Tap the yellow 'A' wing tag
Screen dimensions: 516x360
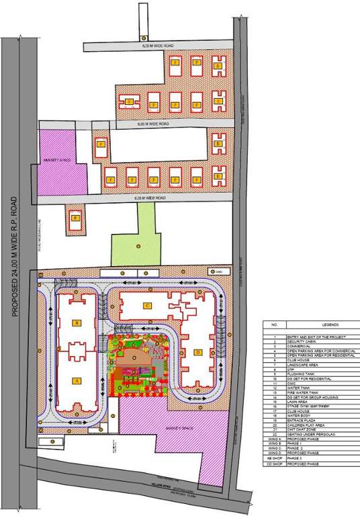coord(77,380)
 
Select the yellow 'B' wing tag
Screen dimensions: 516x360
coord(77,323)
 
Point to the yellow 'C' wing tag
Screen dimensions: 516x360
coord(146,306)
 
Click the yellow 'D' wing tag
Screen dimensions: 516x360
coord(198,351)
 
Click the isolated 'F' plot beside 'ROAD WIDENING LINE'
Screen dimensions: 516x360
coord(75,218)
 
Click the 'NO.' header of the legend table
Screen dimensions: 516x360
coord(273,325)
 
